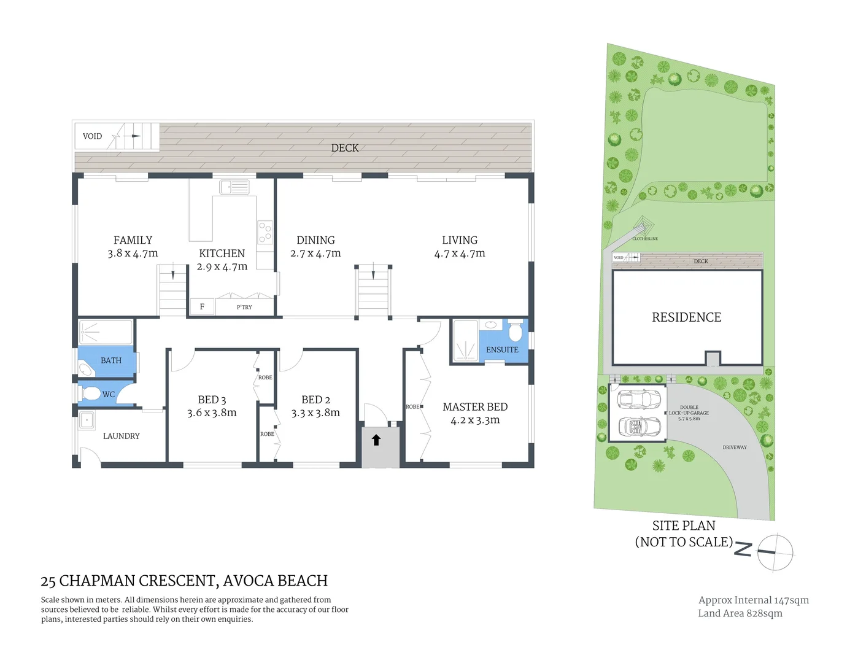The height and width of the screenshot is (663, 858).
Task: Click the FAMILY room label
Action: coord(133,240)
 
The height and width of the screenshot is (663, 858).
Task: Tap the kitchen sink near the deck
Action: coord(234,187)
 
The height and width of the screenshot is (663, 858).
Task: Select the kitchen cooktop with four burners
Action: coord(265,233)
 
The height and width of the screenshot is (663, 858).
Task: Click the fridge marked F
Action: coord(202,307)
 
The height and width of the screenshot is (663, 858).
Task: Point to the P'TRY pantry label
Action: coord(244,307)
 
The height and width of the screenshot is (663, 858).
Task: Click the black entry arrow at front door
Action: coord(376,440)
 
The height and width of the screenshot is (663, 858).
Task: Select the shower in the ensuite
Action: coord(465,341)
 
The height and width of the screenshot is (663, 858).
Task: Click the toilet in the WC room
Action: coord(91,394)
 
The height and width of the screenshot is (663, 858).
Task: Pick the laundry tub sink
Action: coord(87,420)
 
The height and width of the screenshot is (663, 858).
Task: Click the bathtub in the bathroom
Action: coord(106,332)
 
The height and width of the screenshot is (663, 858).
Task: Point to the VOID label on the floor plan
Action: coord(92,136)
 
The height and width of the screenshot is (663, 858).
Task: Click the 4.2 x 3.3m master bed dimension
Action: coord(475,421)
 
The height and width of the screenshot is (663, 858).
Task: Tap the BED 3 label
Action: coord(212,400)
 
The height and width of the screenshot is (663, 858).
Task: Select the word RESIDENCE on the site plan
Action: coord(686,317)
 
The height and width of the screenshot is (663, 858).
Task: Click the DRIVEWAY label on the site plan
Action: coord(734,448)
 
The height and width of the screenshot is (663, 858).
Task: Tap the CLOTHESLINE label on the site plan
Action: coord(645,239)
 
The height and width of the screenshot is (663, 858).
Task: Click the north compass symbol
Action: coord(775,552)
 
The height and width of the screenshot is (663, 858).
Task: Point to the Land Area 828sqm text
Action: coord(740,613)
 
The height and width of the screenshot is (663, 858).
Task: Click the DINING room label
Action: coord(315,240)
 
